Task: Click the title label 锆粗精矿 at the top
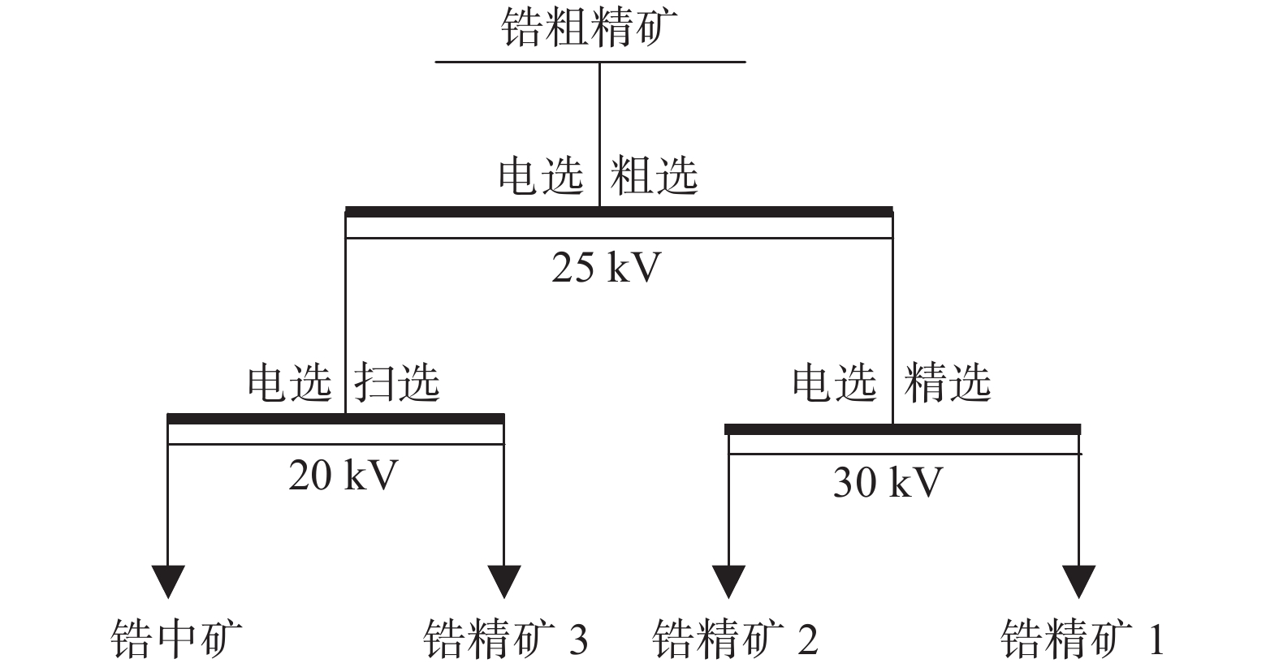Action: (590, 28)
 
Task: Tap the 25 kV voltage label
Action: (607, 267)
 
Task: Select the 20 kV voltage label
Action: (343, 475)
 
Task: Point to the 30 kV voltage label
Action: (888, 483)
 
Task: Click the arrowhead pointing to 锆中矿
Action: (168, 582)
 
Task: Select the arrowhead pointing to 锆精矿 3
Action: (504, 582)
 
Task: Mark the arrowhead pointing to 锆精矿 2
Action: (728, 582)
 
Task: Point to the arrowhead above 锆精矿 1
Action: (1079, 582)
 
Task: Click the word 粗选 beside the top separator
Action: (654, 175)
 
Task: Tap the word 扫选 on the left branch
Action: (397, 382)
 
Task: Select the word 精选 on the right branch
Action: (948, 382)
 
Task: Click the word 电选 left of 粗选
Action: (541, 175)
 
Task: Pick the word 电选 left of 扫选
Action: (290, 382)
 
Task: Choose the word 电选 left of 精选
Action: (835, 382)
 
